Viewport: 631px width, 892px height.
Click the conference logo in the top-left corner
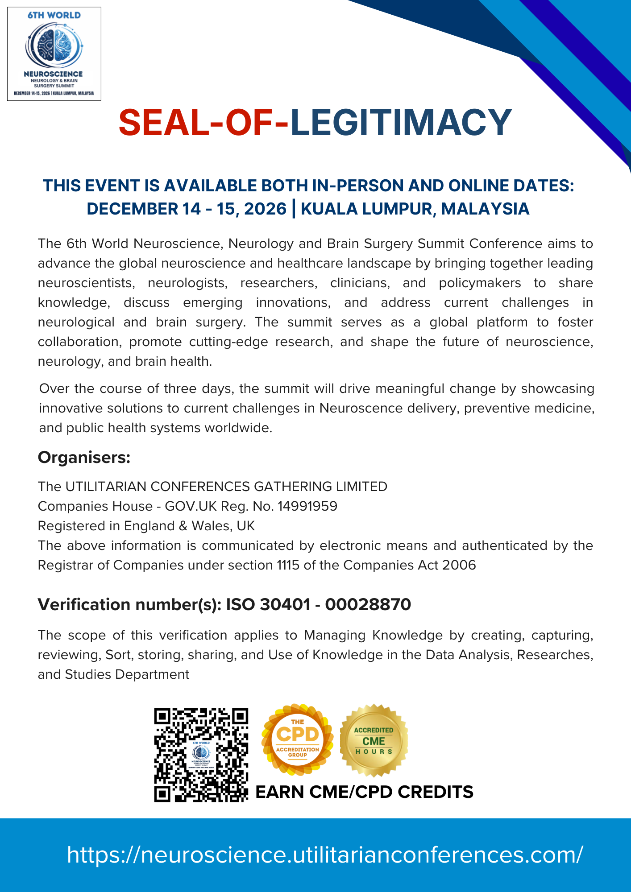point(54,54)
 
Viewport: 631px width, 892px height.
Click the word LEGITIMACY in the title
point(401,122)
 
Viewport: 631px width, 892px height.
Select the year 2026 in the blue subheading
point(265,209)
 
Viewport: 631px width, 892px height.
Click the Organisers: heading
point(84,457)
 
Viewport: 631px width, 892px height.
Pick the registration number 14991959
point(307,506)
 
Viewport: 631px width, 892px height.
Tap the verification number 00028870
point(368,604)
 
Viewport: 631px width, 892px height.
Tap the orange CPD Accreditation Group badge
point(297,740)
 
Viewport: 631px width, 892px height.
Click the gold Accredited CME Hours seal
point(374,740)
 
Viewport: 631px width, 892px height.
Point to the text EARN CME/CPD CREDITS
point(364,792)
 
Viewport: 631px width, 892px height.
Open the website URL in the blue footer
point(325,855)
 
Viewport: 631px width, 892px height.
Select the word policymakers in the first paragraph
point(480,283)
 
